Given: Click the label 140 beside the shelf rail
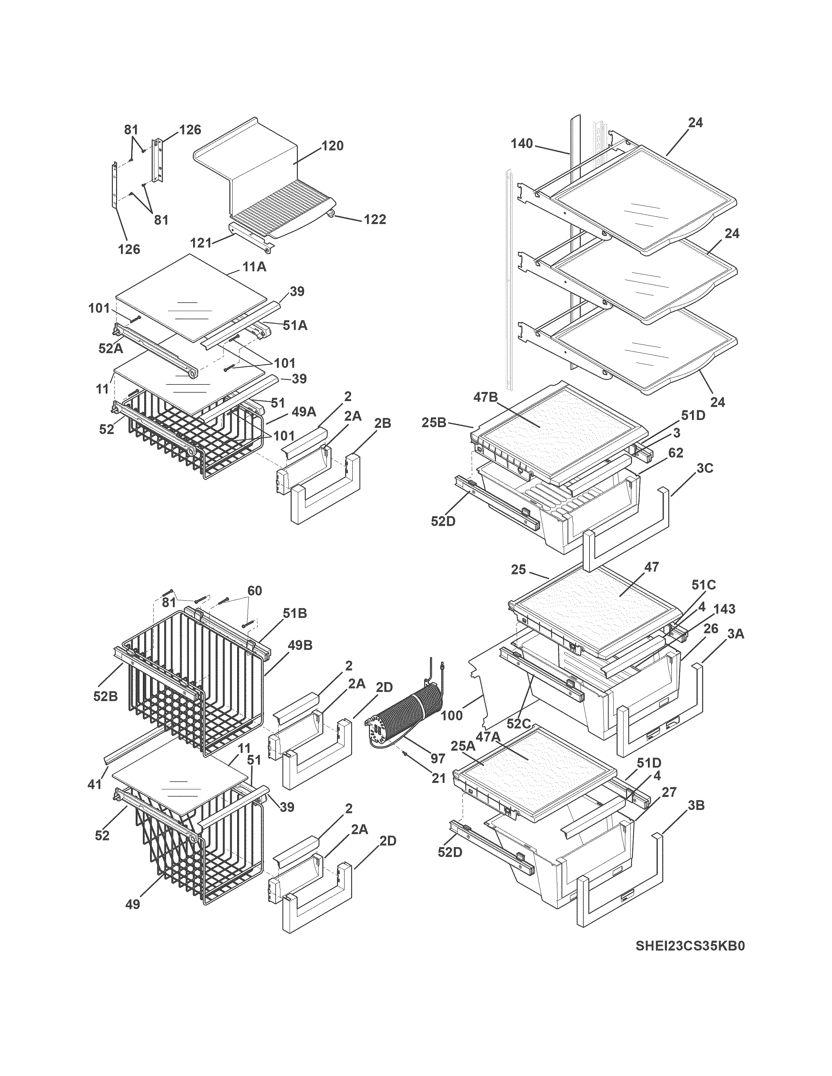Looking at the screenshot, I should click(521, 143).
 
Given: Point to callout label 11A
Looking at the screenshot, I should click(254, 267).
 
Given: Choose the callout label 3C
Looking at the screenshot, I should click(705, 468).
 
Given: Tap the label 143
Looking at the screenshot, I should click(724, 609).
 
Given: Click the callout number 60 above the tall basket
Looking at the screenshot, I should click(254, 590).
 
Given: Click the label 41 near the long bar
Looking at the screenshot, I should click(95, 784).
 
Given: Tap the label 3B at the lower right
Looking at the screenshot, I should click(696, 805).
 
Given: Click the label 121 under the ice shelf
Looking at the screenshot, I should click(201, 242).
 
